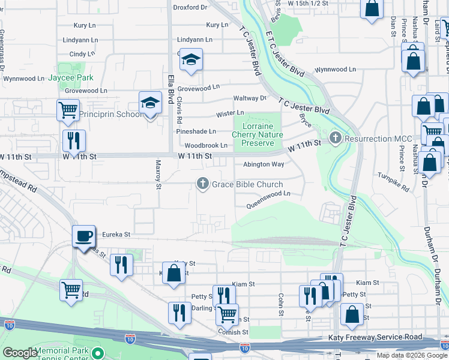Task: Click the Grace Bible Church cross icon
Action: [203, 184]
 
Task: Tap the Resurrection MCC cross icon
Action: [335, 139]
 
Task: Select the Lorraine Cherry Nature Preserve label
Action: [258, 135]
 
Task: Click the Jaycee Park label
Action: [71, 78]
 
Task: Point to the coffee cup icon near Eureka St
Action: [84, 235]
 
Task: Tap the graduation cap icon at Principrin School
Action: [150, 102]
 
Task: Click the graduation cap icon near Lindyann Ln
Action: [191, 59]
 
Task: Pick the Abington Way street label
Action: [264, 164]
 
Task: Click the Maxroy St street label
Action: [158, 174]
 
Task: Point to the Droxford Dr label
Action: [190, 7]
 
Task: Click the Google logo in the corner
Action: [20, 353]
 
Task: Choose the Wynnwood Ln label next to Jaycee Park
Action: [23, 79]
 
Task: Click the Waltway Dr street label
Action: [250, 98]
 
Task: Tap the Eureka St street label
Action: [116, 234]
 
